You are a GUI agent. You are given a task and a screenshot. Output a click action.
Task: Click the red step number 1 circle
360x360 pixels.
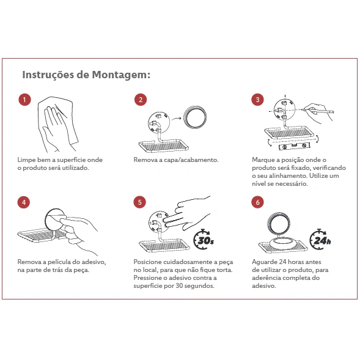pyautogui.click(x=24, y=100)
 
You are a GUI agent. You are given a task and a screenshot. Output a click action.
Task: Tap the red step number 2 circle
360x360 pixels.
pyautogui.click(x=141, y=100)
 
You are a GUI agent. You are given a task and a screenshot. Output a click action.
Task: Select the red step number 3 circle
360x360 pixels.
pyautogui.click(x=257, y=100)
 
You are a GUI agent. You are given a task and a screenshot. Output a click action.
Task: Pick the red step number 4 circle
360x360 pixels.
pyautogui.click(x=24, y=202)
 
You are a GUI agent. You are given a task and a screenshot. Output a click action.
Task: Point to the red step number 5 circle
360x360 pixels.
pyautogui.click(x=139, y=202)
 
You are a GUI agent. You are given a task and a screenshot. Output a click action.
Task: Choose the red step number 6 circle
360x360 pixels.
pyautogui.click(x=257, y=202)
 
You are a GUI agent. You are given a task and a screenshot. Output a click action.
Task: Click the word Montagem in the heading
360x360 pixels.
pyautogui.click(x=121, y=75)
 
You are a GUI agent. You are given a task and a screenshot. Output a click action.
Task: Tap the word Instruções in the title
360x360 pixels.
pyautogui.click(x=48, y=75)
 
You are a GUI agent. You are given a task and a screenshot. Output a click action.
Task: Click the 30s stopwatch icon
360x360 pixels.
pyautogui.click(x=204, y=239)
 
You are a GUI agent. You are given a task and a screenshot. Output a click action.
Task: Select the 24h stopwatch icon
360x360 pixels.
pyautogui.click(x=320, y=239)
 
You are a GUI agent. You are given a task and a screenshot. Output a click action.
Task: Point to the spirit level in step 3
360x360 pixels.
pyautogui.click(x=295, y=145)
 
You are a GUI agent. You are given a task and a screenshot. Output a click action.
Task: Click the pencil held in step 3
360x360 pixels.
pyautogui.click(x=318, y=111)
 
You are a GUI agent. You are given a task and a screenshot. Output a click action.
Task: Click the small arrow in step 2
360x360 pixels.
pyautogui.click(x=176, y=119)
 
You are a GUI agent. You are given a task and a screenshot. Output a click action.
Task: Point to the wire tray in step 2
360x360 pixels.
pyautogui.click(x=163, y=145)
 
